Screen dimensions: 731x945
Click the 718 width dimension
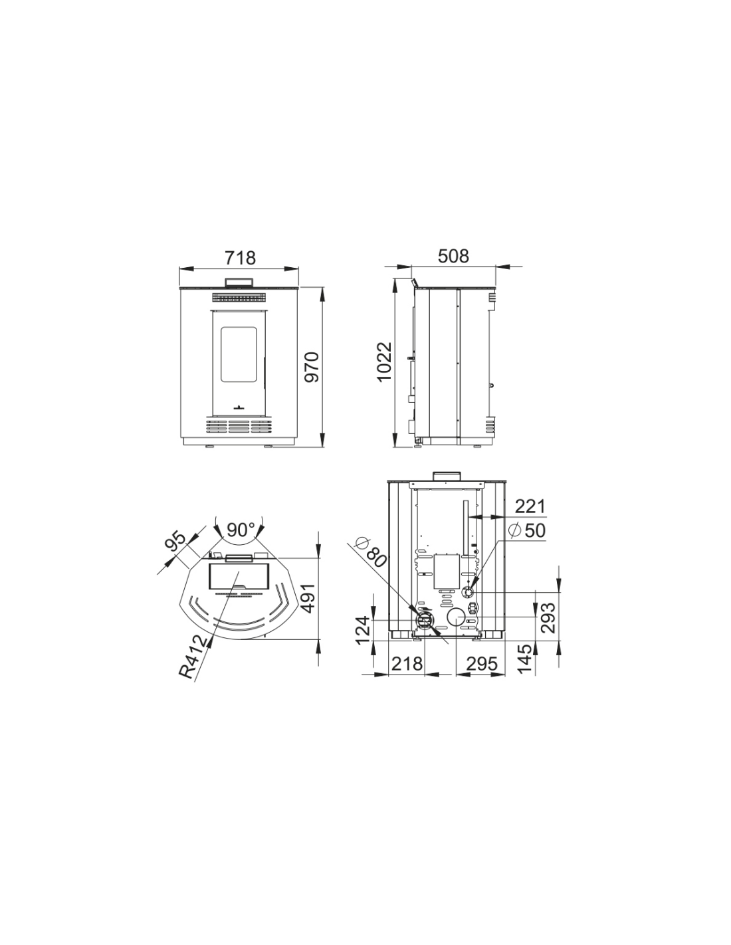240,257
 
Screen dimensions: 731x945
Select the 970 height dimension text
312,367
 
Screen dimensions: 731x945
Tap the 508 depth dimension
453,256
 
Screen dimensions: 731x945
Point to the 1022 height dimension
384,362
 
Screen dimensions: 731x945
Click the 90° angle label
241,530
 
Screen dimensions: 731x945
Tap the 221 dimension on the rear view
530,506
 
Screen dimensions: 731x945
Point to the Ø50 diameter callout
526,530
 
